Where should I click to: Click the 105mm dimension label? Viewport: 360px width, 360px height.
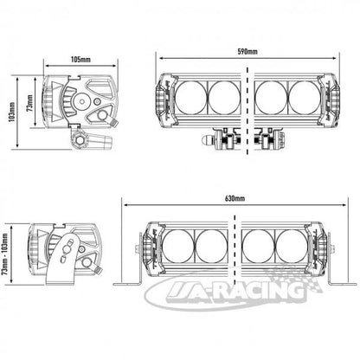(80, 60)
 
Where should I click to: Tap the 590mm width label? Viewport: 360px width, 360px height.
(247, 52)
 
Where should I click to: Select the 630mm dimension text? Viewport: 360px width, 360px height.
(235, 198)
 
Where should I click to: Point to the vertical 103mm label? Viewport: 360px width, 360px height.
(11, 112)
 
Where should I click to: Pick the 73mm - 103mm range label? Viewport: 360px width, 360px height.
(5, 254)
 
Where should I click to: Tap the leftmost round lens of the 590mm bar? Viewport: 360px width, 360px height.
(191, 97)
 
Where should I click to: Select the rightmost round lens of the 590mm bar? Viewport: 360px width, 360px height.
(305, 97)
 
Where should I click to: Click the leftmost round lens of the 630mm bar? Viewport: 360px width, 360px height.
(178, 246)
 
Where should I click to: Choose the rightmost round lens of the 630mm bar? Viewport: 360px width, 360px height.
(292, 246)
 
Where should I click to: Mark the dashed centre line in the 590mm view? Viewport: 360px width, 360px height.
(247, 111)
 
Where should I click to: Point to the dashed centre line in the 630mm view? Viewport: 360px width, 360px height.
(235, 245)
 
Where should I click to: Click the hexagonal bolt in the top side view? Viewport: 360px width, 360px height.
(79, 141)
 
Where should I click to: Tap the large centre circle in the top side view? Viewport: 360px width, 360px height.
(82, 101)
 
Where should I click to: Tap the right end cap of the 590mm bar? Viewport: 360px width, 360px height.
(331, 100)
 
